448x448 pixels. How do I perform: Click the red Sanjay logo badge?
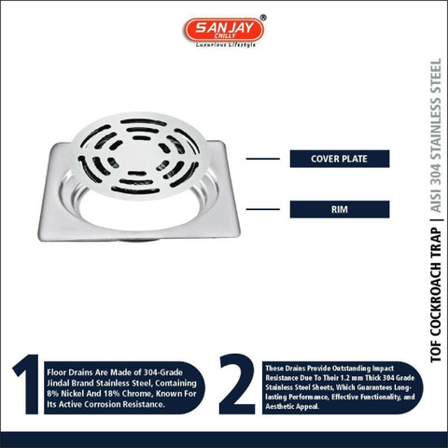pos(224,30)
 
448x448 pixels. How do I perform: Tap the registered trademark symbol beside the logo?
pos(263,18)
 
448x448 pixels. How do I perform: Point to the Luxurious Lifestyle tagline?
pos(226,45)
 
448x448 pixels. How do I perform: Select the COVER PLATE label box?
pos(340,159)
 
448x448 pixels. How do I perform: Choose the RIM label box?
pos(340,209)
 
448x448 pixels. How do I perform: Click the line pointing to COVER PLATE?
pos(263,159)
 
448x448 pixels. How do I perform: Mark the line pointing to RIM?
pos(263,209)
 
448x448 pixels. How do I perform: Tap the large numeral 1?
pos(27,385)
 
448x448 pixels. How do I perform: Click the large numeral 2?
pos(237,384)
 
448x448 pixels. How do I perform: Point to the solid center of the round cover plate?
pos(139,156)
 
